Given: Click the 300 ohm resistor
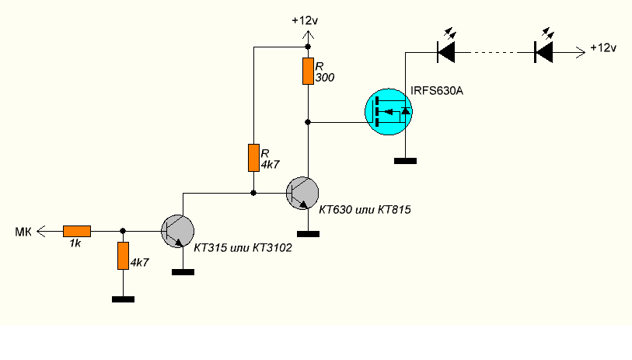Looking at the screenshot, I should point(309,71).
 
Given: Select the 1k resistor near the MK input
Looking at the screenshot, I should point(77,231).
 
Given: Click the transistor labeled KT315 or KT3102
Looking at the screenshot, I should point(178,231).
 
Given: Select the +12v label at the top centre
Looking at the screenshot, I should point(304,20).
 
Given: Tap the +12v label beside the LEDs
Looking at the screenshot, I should point(603,48).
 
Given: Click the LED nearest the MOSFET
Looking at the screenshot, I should point(446,52).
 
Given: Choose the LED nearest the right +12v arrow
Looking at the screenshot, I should point(543,52).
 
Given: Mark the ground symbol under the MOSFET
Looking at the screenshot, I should point(405,161).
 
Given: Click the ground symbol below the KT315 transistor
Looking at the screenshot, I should point(183,271).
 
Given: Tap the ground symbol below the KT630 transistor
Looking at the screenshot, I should point(309,232).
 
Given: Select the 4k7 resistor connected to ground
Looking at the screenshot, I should point(123,255).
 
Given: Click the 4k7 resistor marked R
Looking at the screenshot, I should point(253,157).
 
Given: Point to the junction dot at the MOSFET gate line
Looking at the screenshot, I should point(309,122).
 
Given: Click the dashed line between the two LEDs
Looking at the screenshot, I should point(494,52).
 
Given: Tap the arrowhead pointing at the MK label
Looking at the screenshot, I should point(43,231).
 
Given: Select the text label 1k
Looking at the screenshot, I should point(76,245).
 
